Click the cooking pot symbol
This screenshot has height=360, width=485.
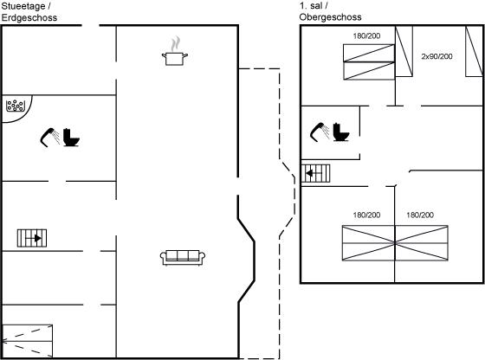175,59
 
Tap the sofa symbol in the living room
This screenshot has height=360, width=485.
183,258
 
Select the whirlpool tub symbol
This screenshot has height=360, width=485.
16,106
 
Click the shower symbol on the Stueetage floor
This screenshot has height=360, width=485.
50,138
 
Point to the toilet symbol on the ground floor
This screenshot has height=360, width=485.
71,138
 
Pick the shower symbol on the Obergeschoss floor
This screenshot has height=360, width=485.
320,132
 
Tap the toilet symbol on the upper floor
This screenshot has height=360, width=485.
341,132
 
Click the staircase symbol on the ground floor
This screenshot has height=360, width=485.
32,238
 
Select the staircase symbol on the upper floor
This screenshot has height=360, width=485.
315,173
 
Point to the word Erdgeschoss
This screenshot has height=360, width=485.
29,17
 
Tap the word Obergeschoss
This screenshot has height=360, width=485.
330,17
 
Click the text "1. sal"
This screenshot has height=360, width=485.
311,5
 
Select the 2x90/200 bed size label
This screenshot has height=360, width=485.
436,56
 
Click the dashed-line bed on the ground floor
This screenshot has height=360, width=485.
27,341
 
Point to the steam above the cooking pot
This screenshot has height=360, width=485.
175,43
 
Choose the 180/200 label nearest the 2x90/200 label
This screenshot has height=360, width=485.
366,35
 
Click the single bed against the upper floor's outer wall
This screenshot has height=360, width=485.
475,51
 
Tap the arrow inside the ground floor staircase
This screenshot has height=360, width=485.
34,238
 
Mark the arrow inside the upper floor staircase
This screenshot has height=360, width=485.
314,173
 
